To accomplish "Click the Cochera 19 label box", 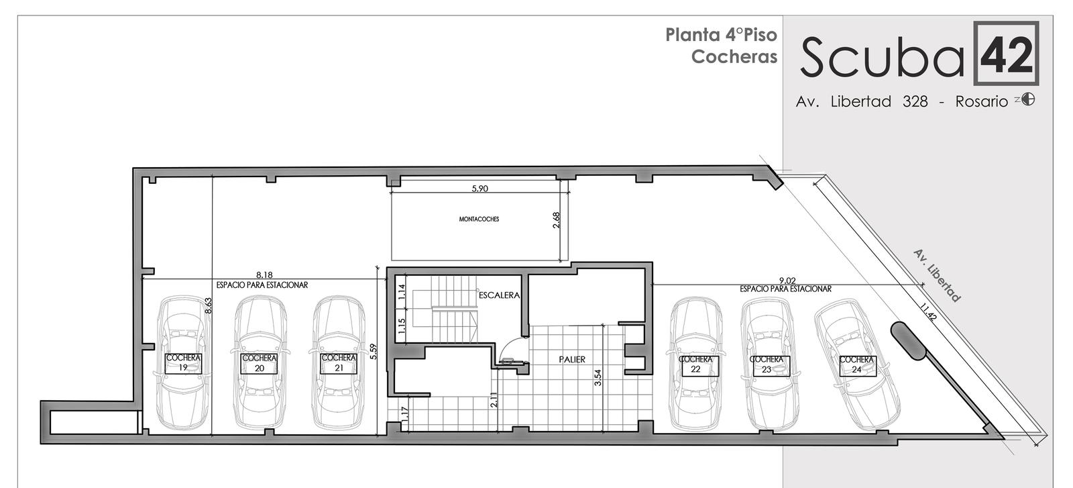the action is [x=184, y=364].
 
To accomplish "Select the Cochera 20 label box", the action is [x=259, y=364].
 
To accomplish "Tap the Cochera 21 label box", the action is [x=339, y=364].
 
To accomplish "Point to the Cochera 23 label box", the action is [x=771, y=366].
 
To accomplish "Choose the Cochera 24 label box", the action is [x=858, y=366].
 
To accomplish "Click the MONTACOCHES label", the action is [x=479, y=219].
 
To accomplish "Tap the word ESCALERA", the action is [x=499, y=295].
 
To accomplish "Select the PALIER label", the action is [x=572, y=360].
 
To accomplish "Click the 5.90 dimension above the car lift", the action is [x=479, y=189].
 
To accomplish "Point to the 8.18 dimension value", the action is [x=264, y=275].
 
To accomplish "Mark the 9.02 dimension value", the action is [x=787, y=281].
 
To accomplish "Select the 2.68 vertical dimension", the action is [x=556, y=220].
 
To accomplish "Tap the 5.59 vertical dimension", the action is [x=374, y=351].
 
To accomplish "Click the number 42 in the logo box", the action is [x=1007, y=54].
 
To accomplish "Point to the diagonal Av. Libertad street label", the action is [x=936, y=276].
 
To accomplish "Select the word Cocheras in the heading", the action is [x=734, y=56].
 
